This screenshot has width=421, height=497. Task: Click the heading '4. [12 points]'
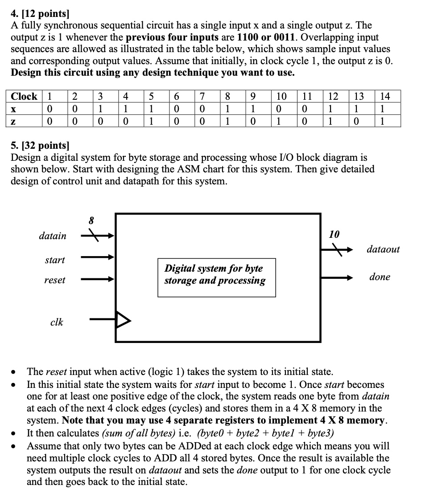coord(37,14)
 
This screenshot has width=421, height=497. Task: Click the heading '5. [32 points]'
coord(40,145)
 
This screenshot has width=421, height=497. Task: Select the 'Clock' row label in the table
coord(24,96)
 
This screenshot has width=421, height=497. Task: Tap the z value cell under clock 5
coord(150,122)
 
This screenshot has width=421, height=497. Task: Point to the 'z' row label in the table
coord(14,122)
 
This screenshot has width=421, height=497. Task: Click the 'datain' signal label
coord(52,236)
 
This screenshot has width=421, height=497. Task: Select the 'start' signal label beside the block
coord(54,260)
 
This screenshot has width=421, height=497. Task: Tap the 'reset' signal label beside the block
coord(54,280)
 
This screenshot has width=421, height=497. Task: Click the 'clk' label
coord(57,322)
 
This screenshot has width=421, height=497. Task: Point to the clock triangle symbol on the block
coord(124,319)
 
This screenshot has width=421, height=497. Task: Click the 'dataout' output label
coord(383,249)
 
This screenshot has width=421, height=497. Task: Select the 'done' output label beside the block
coord(380,277)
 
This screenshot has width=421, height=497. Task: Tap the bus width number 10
coord(334,234)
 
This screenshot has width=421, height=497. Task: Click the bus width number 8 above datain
coord(92,220)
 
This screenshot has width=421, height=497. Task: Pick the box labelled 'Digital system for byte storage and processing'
coord(216,277)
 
